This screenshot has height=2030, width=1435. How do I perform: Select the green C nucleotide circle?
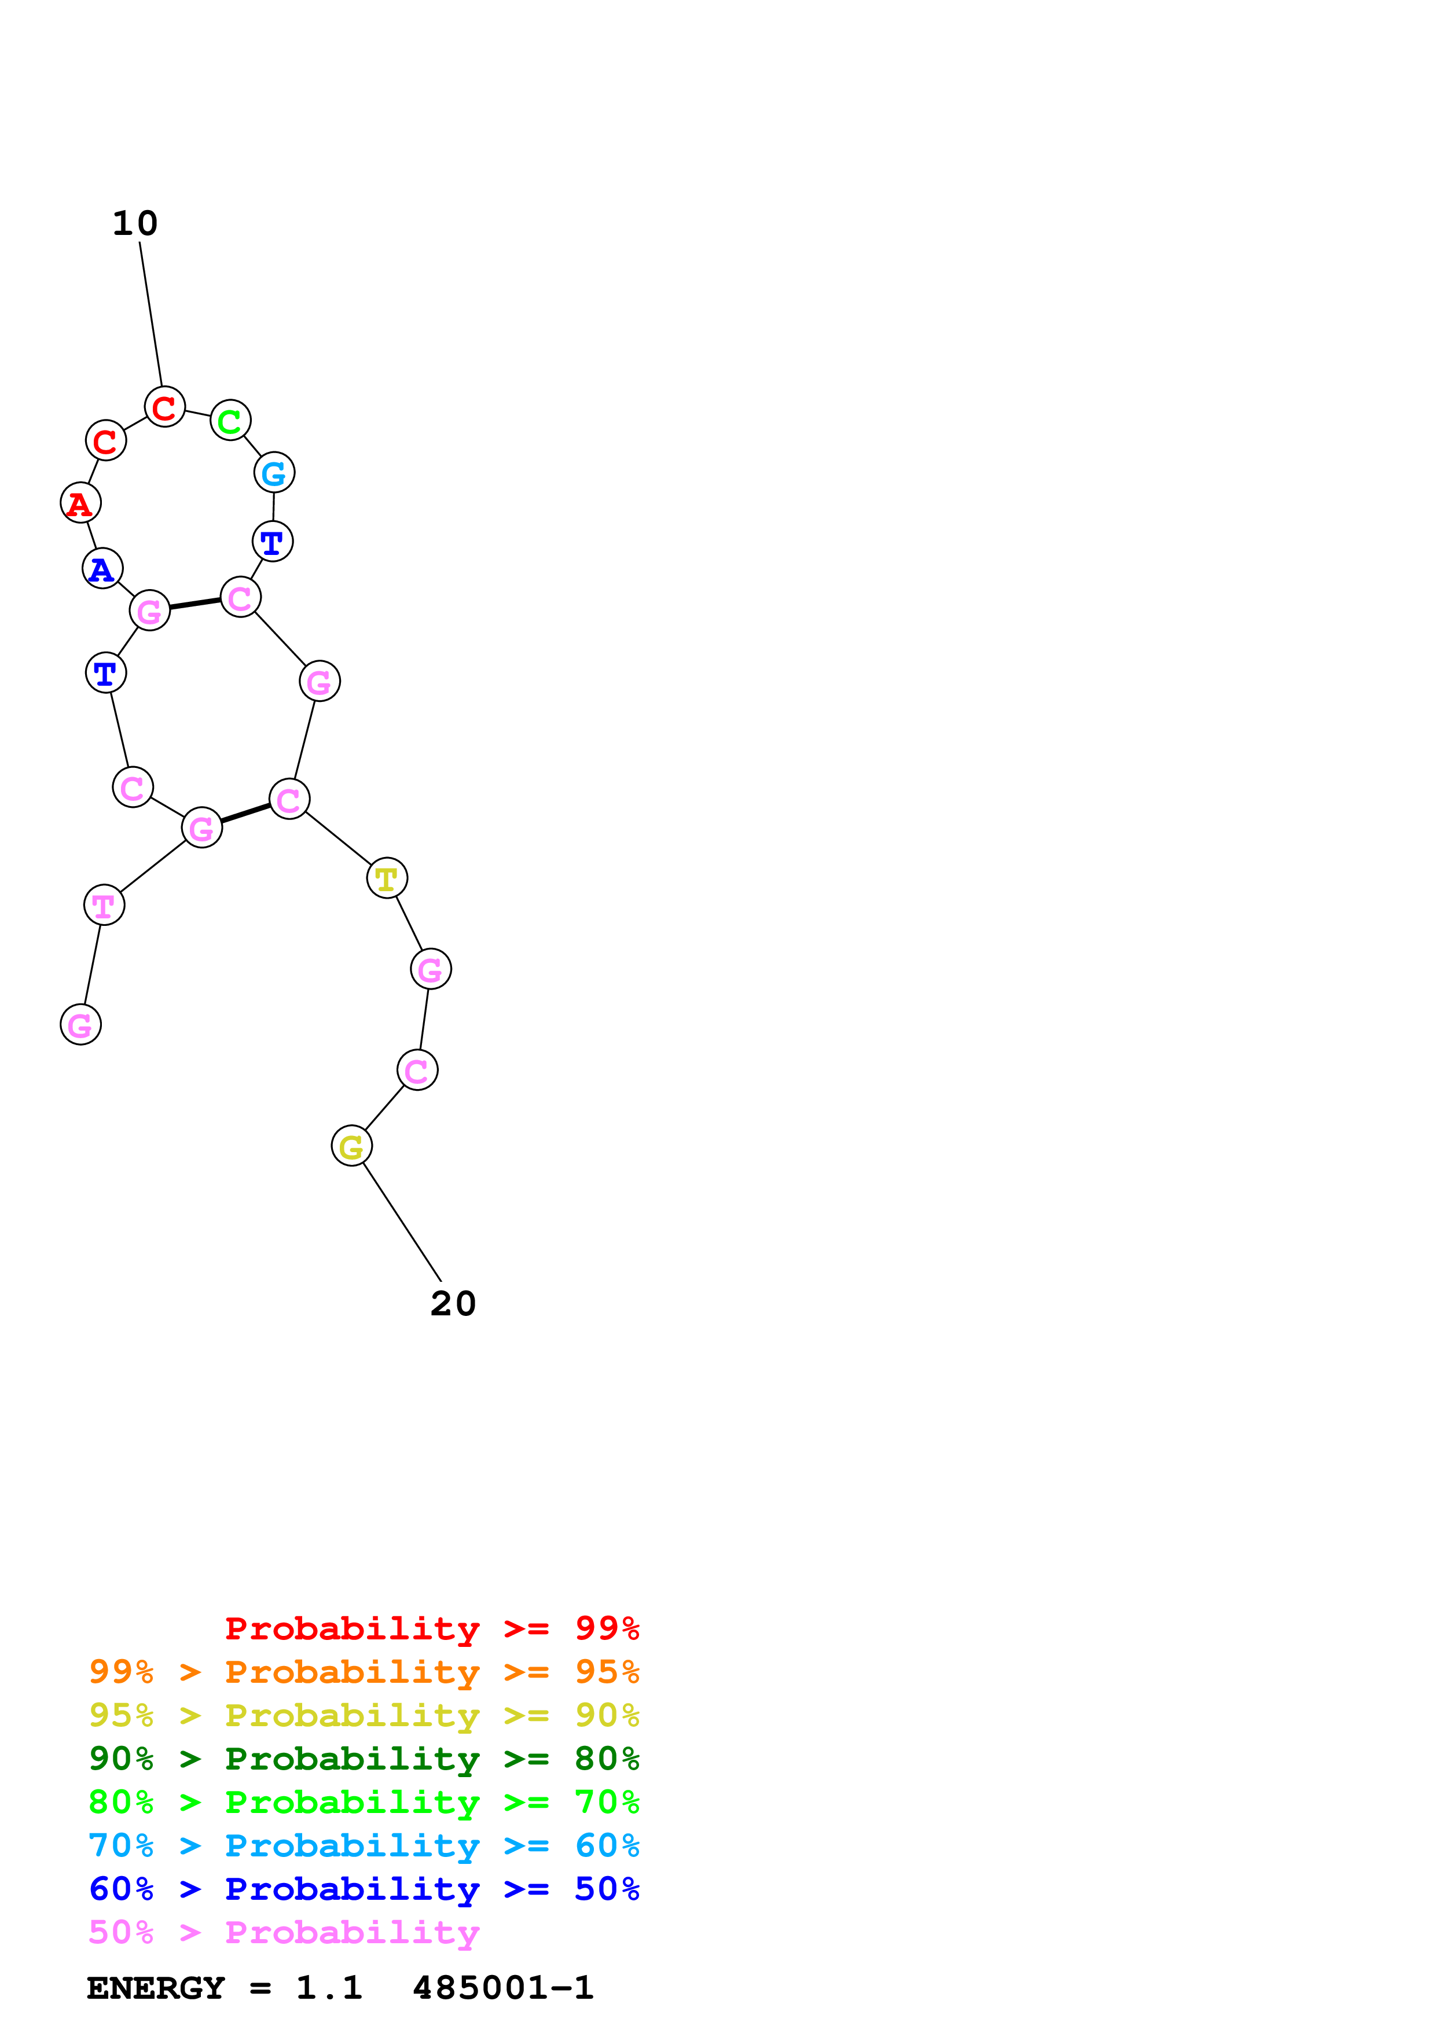(230, 421)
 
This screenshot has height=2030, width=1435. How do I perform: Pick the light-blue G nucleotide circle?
(274, 473)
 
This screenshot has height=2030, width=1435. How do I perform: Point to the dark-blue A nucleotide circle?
(102, 568)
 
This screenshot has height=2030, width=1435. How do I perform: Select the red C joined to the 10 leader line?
(164, 407)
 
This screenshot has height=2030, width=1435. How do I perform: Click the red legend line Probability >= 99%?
(431, 1628)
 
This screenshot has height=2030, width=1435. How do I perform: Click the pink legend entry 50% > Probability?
(284, 1932)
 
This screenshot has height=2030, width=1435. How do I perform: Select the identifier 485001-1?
(502, 1988)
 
